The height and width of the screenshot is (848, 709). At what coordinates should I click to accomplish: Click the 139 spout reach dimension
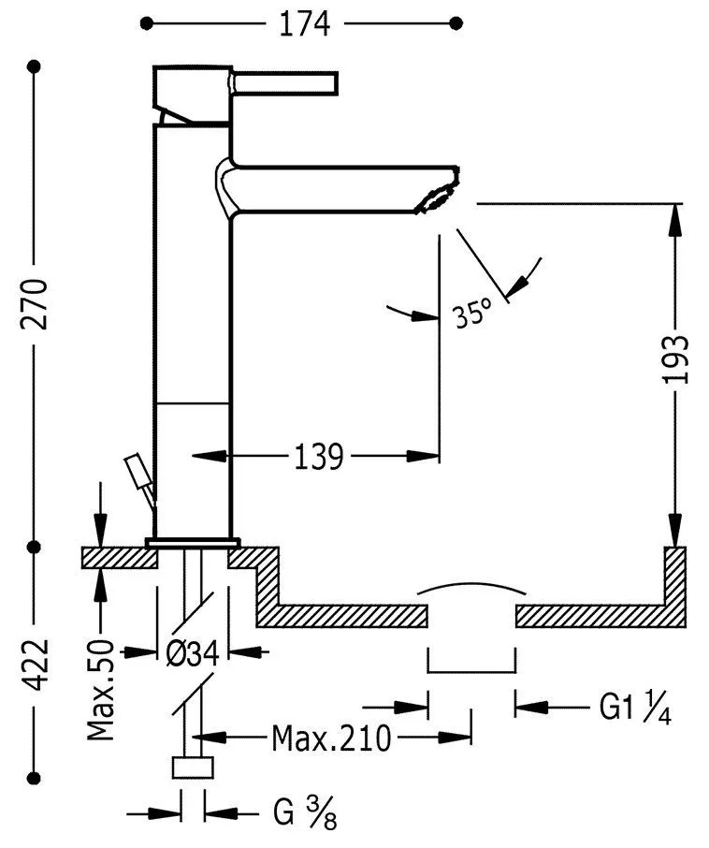[319, 457]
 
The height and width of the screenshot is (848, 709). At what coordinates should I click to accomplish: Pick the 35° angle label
[471, 314]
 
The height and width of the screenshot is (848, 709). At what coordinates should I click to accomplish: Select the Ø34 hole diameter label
[193, 652]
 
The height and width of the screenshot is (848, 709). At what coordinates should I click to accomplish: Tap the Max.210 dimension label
[331, 739]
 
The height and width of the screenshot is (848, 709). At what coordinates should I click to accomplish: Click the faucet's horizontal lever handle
[286, 83]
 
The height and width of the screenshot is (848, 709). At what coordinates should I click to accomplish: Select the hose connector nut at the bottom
[194, 767]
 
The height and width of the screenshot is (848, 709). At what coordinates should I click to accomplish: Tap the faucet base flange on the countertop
[193, 542]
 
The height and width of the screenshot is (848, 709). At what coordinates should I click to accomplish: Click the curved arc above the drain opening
[471, 588]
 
